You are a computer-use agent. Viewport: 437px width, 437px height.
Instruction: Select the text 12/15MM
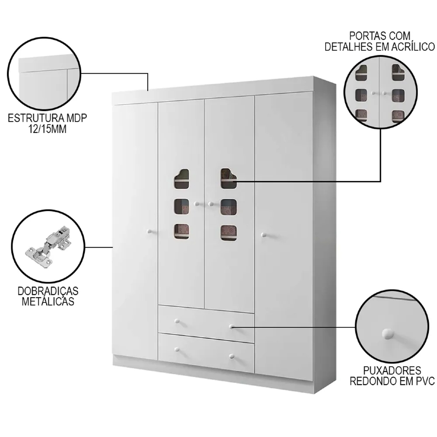click(47, 129)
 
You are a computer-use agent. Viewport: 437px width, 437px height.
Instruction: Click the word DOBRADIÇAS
click(48, 291)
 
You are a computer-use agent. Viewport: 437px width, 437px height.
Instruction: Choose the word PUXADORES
click(392, 371)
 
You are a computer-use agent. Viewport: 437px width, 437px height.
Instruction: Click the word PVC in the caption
click(425, 381)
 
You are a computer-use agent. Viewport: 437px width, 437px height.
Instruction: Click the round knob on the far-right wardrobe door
click(264, 235)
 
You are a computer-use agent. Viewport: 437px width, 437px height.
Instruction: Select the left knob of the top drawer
click(177, 322)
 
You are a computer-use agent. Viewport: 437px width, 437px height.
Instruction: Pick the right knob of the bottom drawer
click(231, 356)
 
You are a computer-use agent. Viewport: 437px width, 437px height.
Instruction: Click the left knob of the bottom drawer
click(177, 349)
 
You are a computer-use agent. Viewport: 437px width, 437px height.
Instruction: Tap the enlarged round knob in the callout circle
click(387, 334)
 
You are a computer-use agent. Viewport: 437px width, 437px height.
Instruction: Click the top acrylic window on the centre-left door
click(181, 179)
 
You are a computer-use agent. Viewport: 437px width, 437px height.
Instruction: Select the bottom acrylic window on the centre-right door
click(229, 233)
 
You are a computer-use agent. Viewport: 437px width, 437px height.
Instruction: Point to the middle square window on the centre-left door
click(181, 207)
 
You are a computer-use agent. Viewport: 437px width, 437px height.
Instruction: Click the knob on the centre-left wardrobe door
click(197, 204)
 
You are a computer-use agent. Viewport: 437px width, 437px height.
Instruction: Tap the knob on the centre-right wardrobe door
click(211, 204)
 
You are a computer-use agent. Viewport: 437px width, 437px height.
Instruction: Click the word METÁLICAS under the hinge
click(48, 302)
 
